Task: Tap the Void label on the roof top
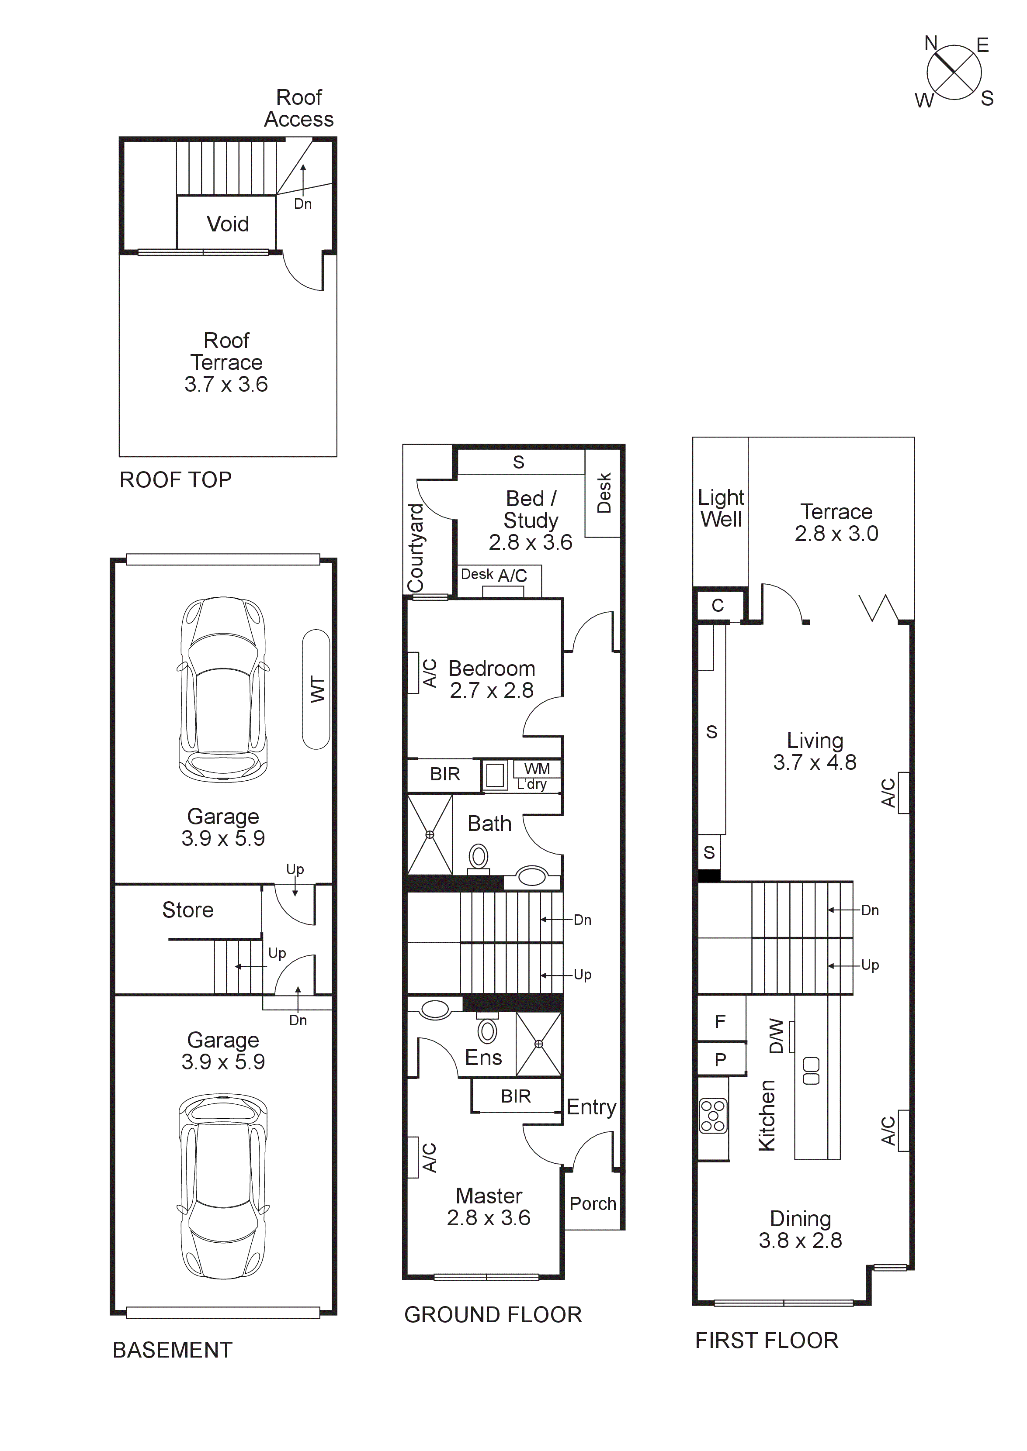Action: pos(228,224)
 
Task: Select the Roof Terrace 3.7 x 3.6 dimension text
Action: pos(226,384)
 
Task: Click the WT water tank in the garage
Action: pos(316,689)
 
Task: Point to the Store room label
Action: pos(188,910)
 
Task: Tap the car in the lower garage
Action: pos(223,1186)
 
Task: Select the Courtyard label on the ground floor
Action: pos(416,547)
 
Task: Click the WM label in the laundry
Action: pos(537,769)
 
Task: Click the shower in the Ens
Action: pos(538,1044)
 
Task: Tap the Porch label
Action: pos(593,1203)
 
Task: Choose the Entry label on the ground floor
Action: pos(591,1107)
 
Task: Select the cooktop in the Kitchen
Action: pos(713,1116)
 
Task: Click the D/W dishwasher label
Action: pos(776,1037)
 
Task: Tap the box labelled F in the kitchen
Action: pos(720,1021)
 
